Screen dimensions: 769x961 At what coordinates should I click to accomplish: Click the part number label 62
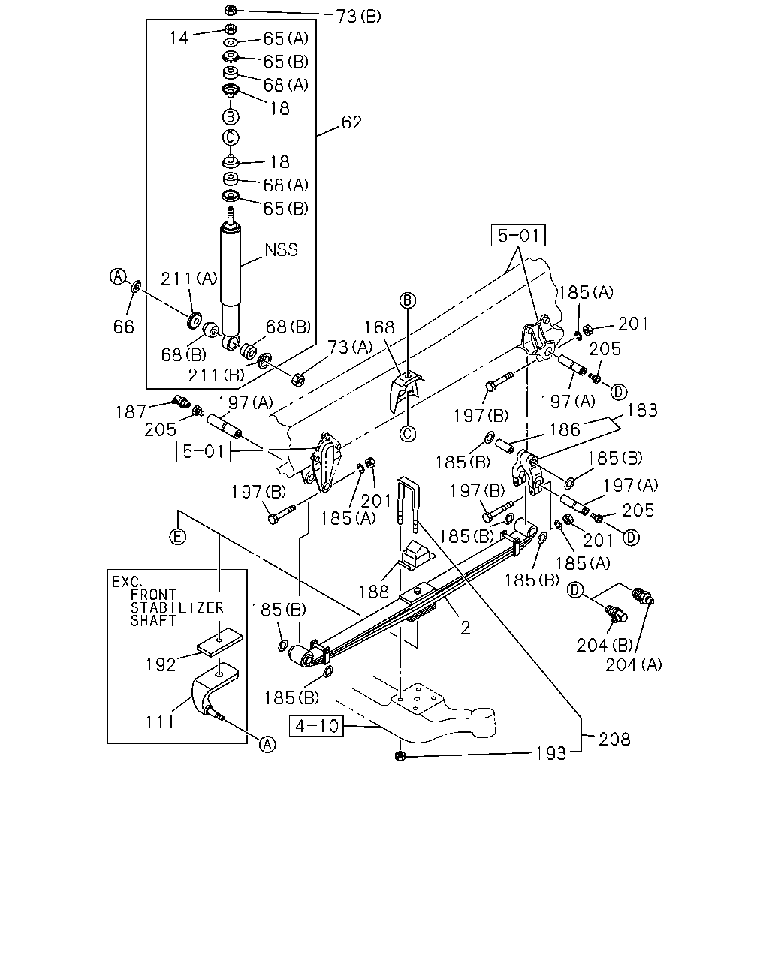pyautogui.click(x=351, y=122)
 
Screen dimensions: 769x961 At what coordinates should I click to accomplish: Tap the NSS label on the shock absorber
pyautogui.click(x=281, y=249)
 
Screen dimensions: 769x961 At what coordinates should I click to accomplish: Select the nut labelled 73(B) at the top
pyautogui.click(x=230, y=9)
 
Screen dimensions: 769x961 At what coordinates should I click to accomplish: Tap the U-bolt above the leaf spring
pyautogui.click(x=407, y=505)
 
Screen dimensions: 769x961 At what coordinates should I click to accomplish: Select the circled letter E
pyautogui.click(x=178, y=537)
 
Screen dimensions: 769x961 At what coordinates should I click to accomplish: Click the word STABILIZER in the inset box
pyautogui.click(x=177, y=607)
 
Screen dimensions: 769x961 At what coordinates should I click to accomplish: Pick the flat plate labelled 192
pyautogui.click(x=220, y=642)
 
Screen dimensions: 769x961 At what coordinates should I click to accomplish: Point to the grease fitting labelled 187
pyautogui.click(x=181, y=401)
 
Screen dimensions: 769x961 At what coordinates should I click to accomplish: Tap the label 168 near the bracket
pyautogui.click(x=379, y=327)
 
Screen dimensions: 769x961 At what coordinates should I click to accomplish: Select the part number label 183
pyautogui.click(x=642, y=410)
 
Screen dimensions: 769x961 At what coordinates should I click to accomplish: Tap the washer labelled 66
pyautogui.click(x=136, y=286)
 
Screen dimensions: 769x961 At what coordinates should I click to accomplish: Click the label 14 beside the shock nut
pyautogui.click(x=179, y=38)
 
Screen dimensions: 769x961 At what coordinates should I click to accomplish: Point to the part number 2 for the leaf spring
pyautogui.click(x=466, y=628)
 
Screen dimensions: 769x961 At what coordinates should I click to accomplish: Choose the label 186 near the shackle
pyautogui.click(x=564, y=429)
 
